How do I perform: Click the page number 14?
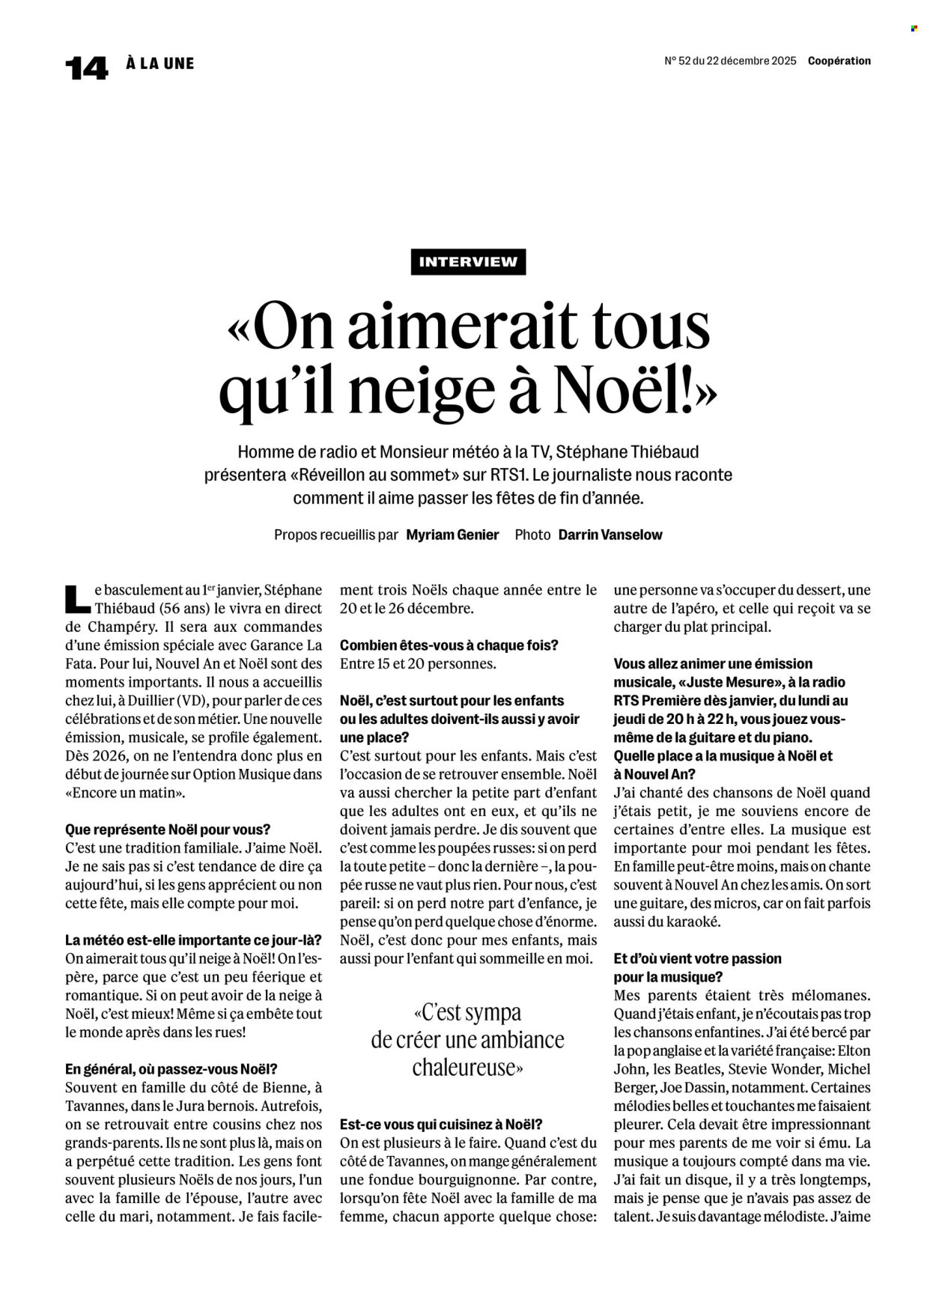tap(86, 68)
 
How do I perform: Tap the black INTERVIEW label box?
tap(468, 262)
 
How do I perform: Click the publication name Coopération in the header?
tap(839, 61)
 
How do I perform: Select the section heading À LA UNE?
tap(160, 64)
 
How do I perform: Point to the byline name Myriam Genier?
tap(452, 535)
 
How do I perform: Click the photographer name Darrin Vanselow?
tap(610, 535)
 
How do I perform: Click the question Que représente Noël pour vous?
tap(168, 830)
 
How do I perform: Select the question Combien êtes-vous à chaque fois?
tap(449, 645)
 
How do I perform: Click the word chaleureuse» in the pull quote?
tap(467, 1067)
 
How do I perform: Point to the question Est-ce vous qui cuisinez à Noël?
tap(441, 1125)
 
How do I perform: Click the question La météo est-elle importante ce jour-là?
tap(194, 940)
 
